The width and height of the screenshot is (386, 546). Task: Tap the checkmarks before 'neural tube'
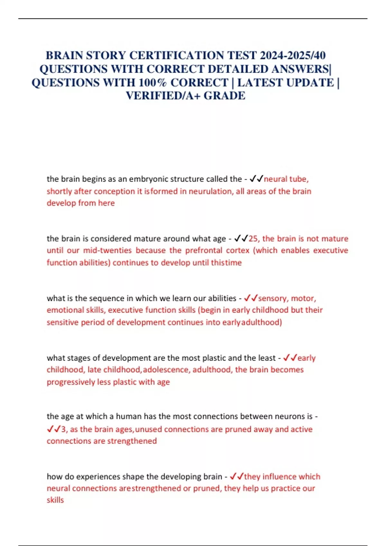256,179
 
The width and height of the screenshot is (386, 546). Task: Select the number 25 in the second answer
253,239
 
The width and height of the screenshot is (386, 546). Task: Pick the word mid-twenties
107,251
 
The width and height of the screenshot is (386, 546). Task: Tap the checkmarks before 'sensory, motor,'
251,298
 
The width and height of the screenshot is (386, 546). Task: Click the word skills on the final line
55,500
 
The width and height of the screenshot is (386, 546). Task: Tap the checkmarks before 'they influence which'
237,477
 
